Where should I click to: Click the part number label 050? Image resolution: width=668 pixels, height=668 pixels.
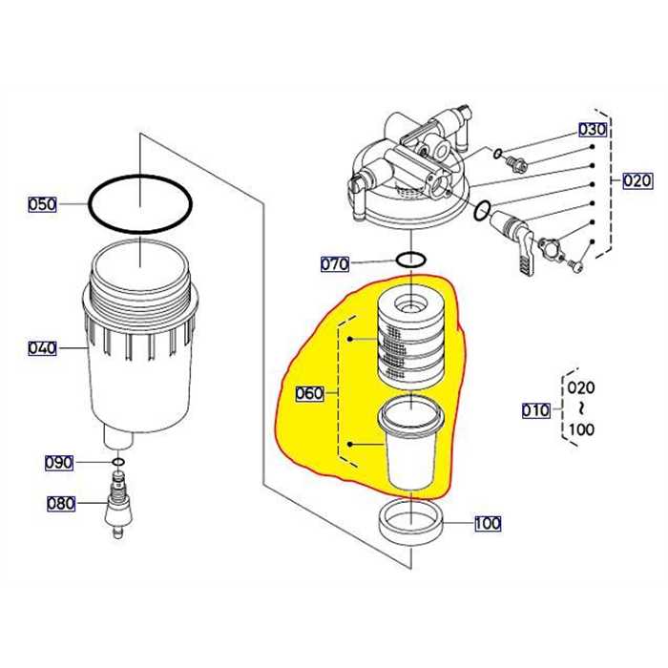[42, 204]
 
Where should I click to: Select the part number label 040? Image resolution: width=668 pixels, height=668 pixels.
[42, 348]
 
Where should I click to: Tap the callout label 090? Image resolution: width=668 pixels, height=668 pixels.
[59, 463]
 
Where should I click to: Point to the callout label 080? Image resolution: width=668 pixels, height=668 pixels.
[61, 503]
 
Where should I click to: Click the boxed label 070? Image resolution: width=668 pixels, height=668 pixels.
[335, 263]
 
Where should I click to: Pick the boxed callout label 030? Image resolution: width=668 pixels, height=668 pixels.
[592, 130]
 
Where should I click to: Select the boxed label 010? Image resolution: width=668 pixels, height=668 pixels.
[535, 410]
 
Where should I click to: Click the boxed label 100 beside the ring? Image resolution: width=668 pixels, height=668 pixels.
[487, 523]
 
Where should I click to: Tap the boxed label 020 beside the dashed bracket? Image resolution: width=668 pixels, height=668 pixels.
[637, 180]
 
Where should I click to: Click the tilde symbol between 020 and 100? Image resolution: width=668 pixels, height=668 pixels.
[581, 408]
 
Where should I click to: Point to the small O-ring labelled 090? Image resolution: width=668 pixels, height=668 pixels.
[117, 463]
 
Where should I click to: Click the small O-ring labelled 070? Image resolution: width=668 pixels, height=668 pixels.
[411, 261]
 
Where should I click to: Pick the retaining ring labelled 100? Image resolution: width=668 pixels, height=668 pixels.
[412, 522]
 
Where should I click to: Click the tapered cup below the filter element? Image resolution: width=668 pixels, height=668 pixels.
[411, 444]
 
